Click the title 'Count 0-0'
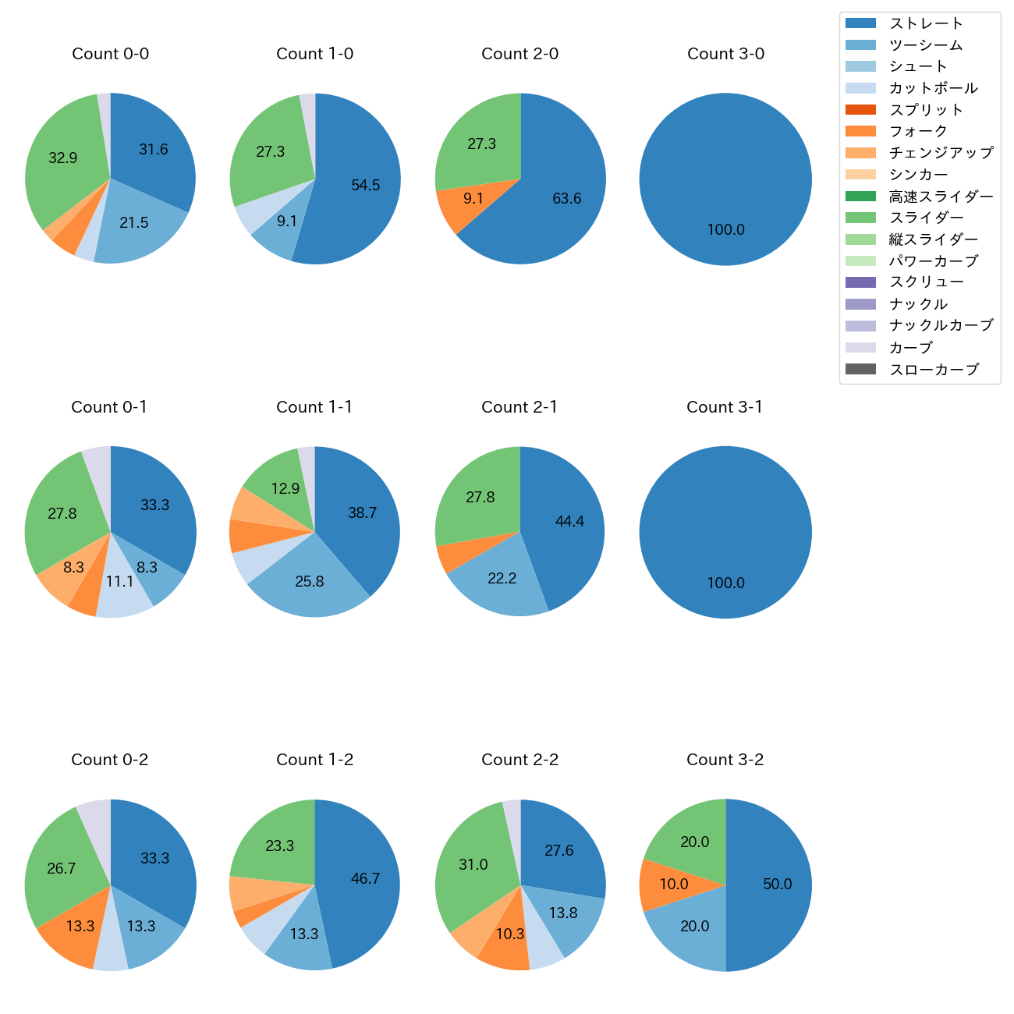(110, 54)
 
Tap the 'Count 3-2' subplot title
(725, 760)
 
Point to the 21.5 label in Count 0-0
(133, 223)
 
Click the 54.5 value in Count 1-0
(365, 186)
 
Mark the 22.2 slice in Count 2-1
(502, 580)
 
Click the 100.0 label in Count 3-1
(725, 583)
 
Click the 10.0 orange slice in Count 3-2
(672, 885)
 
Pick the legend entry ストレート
(926, 23)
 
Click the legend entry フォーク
(918, 131)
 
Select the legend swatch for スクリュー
(860, 282)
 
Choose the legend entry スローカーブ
(934, 370)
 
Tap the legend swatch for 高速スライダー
(860, 196)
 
